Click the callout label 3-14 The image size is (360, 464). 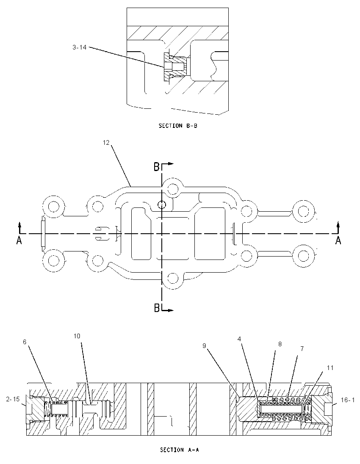coord(79,47)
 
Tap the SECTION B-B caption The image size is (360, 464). coord(178,126)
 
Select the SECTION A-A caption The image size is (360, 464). coord(180,450)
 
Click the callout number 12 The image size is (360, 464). coord(106,143)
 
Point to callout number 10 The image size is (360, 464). coord(77,336)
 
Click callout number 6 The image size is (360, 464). coord(25,342)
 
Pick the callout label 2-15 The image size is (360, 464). coord(13,399)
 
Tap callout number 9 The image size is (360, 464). coord(204,345)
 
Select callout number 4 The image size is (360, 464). coord(239,339)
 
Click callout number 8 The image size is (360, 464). coord(280,344)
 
